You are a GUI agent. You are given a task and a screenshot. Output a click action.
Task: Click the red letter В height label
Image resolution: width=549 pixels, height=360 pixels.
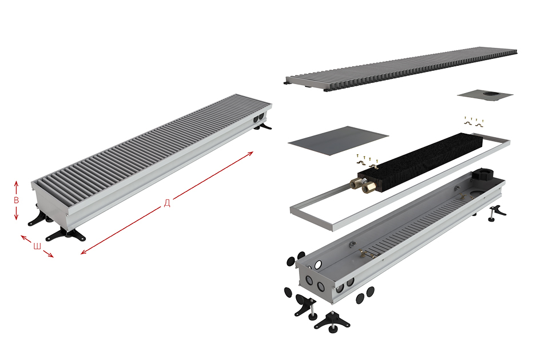pos(16,200)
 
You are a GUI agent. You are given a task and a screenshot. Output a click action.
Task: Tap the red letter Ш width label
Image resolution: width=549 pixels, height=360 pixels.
pos(37,246)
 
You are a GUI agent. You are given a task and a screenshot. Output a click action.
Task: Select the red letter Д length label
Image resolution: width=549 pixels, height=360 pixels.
pos(167,203)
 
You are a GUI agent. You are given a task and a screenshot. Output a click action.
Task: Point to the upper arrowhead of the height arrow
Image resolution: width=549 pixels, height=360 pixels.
pos(16,183)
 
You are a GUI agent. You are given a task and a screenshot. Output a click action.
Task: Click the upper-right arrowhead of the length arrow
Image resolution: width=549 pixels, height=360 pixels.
pos(251,153)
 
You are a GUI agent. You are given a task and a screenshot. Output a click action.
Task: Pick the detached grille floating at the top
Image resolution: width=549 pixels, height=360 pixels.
pos(400,69)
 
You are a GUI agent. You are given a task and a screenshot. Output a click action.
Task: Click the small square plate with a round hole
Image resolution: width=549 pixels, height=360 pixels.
pos(485,95)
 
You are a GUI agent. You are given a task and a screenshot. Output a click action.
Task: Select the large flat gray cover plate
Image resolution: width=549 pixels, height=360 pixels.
pos(338,141)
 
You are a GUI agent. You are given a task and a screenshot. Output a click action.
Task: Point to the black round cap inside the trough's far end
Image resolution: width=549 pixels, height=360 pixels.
pos(483,175)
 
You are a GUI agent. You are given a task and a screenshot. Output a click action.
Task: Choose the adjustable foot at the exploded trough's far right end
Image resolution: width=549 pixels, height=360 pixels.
pos(497,213)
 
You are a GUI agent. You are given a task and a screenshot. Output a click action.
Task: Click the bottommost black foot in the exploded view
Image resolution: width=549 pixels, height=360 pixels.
pos(332,322)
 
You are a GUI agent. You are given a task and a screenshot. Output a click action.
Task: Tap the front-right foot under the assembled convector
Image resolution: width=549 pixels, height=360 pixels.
pos(66,234)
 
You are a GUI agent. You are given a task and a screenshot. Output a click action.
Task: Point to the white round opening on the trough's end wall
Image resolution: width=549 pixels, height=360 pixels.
pos(318,265)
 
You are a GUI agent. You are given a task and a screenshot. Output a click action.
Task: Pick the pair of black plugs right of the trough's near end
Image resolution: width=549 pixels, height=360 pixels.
pos(365,294)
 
